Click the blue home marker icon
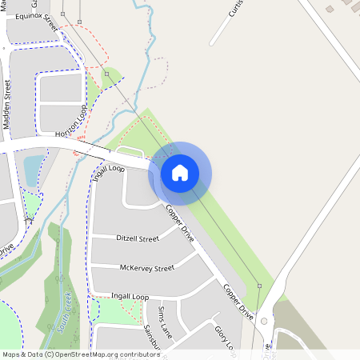tap(180, 173)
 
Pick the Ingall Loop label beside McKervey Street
tap(130, 297)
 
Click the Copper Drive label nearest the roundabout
tap(238, 302)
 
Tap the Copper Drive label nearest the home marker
tap(180, 224)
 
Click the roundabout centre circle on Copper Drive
tap(264, 321)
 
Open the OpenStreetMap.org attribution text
tap(81, 354)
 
